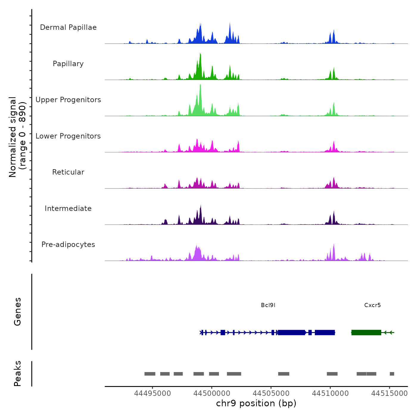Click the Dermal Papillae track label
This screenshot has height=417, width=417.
click(x=68, y=27)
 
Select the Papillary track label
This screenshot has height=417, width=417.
click(x=68, y=64)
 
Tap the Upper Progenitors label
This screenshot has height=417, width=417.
click(x=68, y=100)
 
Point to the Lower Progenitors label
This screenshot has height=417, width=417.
click(x=68, y=136)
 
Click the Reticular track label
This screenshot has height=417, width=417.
click(x=68, y=172)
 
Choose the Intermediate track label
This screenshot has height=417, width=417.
click(x=68, y=208)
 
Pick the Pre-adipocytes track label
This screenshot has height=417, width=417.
click(x=68, y=245)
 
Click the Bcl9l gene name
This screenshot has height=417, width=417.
click(x=268, y=305)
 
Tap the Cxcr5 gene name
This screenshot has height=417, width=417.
click(x=372, y=305)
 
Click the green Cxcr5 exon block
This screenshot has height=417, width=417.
click(x=366, y=332)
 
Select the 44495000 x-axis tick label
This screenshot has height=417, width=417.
click(x=153, y=393)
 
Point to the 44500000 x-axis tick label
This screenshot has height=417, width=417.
click(x=212, y=393)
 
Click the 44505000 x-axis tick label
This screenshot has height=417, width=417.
click(x=271, y=393)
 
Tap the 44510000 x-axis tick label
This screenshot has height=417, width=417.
click(x=330, y=393)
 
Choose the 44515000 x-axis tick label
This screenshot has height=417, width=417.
click(x=389, y=393)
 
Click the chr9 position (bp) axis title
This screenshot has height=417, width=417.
click(x=256, y=404)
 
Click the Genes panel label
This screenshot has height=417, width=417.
click(x=18, y=312)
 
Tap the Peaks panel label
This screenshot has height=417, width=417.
click(x=18, y=374)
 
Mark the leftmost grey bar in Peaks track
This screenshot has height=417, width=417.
click(x=150, y=374)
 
